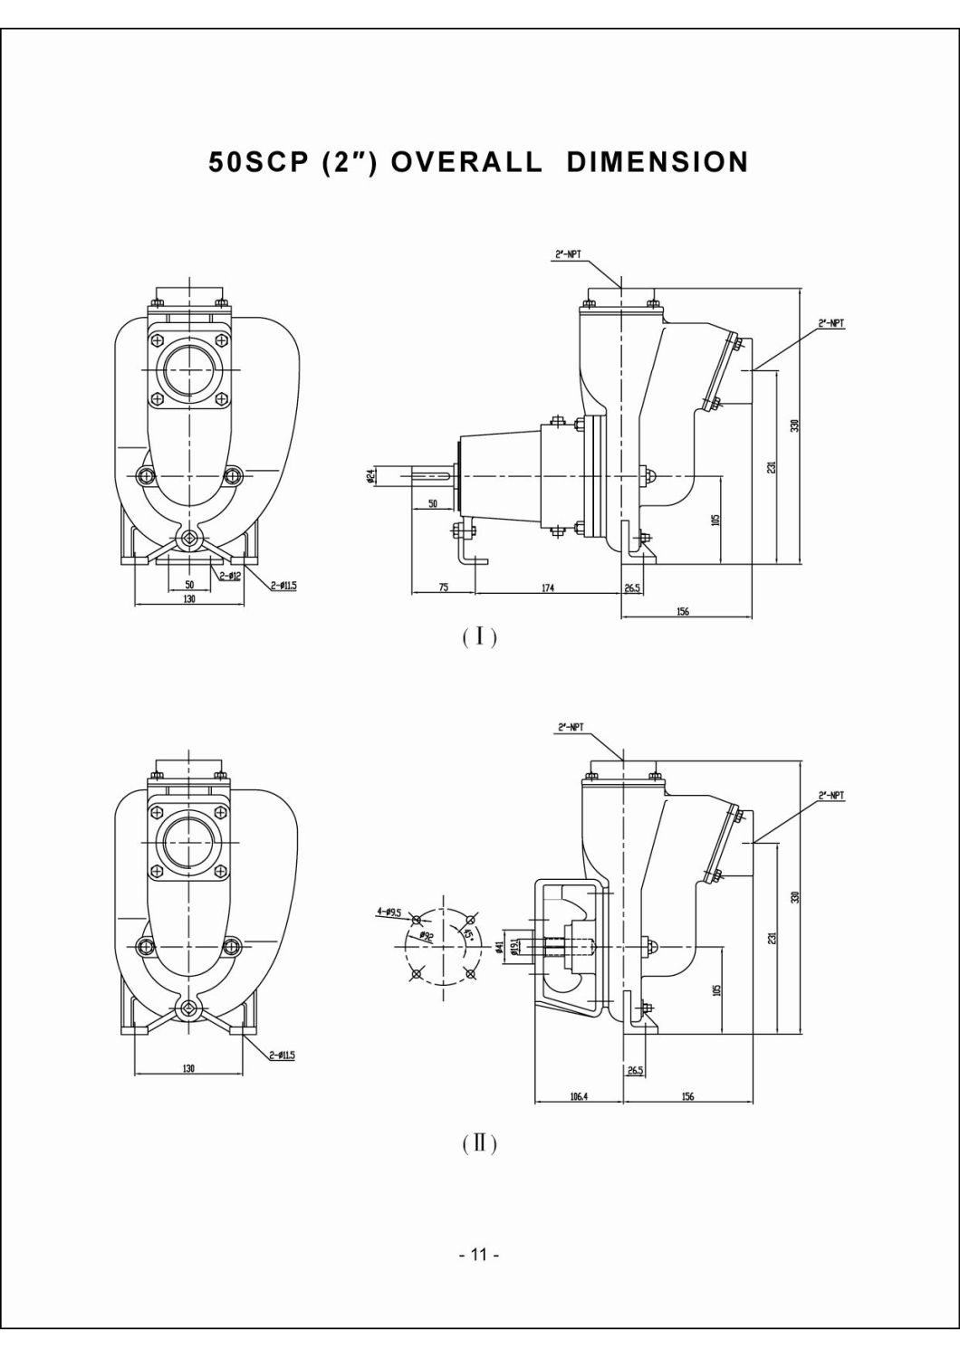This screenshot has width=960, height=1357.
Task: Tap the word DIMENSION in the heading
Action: (658, 162)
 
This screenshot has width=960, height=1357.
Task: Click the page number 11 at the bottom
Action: (479, 1255)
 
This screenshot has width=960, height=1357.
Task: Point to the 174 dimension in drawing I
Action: (548, 588)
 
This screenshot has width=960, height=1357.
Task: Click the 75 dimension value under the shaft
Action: (443, 588)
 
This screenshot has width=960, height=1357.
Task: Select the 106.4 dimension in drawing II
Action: (579, 1096)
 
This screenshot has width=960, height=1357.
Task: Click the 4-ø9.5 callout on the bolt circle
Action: (390, 913)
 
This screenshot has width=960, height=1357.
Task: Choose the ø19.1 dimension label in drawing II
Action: (514, 946)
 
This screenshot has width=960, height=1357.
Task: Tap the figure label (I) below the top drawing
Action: (479, 638)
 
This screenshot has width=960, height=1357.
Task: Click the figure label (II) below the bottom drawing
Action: (479, 1143)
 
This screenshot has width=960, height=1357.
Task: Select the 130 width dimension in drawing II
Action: (188, 1069)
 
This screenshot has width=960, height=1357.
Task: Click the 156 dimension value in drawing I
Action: (683, 612)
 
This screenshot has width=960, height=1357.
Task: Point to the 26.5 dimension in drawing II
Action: (635, 1070)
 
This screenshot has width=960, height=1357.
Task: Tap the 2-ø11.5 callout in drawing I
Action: (283, 586)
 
